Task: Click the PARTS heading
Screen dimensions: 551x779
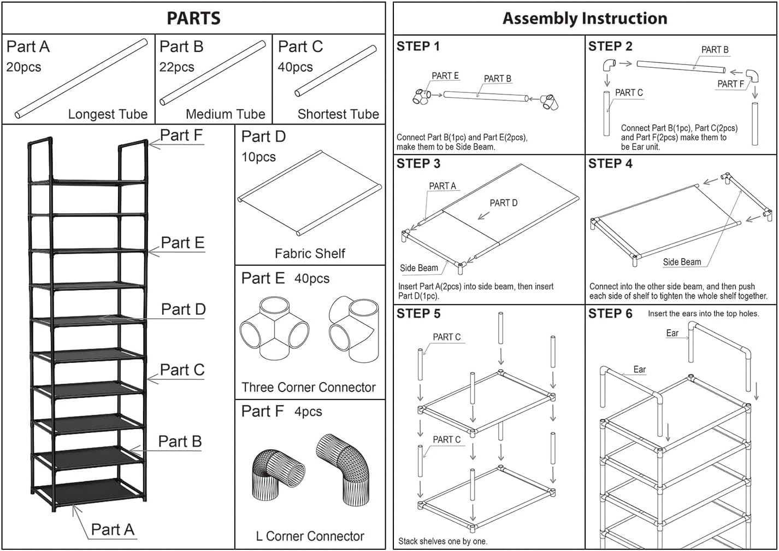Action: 193,18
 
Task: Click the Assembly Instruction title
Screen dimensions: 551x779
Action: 585,18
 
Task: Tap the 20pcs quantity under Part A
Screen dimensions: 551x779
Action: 23,67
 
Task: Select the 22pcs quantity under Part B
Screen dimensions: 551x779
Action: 176,67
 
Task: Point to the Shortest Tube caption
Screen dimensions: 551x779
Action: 338,114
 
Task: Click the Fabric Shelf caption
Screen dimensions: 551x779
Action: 310,254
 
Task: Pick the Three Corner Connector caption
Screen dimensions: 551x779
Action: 309,388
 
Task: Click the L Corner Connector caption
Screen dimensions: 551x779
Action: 310,536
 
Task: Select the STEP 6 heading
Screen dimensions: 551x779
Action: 610,314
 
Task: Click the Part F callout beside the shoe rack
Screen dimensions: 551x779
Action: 181,135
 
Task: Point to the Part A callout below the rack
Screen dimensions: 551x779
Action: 112,529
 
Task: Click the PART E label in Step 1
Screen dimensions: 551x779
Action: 445,76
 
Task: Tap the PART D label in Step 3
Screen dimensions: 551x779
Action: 503,203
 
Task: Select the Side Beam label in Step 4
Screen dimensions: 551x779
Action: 682,262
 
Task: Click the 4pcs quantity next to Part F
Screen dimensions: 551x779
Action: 308,412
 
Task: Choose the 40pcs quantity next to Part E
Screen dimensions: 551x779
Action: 312,279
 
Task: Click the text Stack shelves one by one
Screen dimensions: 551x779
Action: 442,541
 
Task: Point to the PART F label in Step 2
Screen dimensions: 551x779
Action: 730,84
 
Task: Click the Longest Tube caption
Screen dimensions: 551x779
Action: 108,114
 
